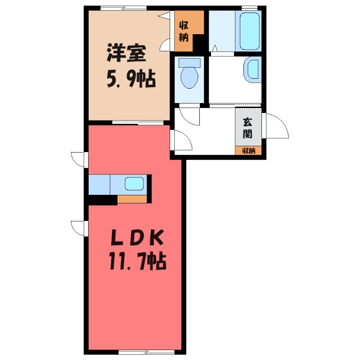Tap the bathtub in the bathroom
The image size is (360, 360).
pyautogui.click(x=248, y=31)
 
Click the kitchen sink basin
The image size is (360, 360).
pyautogui.click(x=134, y=184)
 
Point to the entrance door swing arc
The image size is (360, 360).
pyautogui.click(x=276, y=126)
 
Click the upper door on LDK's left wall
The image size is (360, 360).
pyautogui.click(x=79, y=159)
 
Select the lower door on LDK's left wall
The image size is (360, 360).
pyautogui.click(x=79, y=228)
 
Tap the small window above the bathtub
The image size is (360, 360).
pyautogui.click(x=249, y=8)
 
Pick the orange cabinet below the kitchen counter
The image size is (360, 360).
pyautogui.click(x=132, y=199)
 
